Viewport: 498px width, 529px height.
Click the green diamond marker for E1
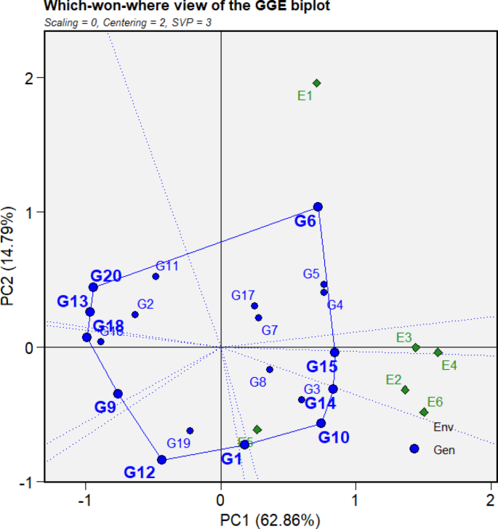coord(316,83)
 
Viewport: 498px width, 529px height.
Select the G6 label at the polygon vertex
coord(305,222)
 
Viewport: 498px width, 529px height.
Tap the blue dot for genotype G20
coord(93,287)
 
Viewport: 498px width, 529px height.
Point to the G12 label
coord(139,472)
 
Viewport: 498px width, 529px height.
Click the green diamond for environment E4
coord(438,352)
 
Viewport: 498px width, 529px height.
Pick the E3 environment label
coord(404,338)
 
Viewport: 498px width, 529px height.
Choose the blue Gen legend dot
coord(414,449)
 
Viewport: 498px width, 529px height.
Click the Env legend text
coord(443,427)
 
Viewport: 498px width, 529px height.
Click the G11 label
coord(167,267)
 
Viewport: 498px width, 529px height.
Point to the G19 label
coord(179,443)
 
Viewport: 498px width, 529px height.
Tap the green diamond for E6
coord(424,412)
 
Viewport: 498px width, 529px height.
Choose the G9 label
coord(105,408)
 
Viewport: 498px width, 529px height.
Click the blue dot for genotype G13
coord(90,312)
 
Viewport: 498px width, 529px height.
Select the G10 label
coord(334,437)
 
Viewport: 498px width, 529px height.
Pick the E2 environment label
coord(393,379)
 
